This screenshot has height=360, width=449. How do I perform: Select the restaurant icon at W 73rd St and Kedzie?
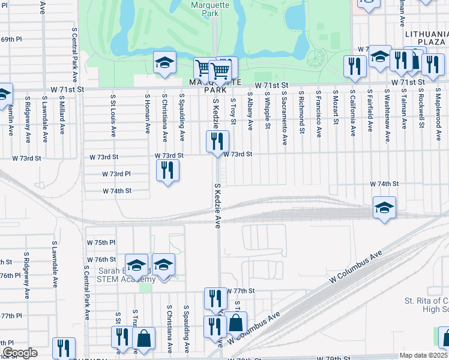[217, 142]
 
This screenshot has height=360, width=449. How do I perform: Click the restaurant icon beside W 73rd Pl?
[167, 170]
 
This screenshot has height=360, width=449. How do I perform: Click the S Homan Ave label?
[146, 112]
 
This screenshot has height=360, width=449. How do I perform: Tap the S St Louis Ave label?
[112, 113]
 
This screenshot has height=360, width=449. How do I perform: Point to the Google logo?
[19, 353]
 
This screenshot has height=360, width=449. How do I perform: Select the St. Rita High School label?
[426, 305]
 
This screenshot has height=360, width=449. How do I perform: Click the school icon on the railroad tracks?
[384, 207]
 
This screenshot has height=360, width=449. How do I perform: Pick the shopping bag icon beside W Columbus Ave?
[237, 322]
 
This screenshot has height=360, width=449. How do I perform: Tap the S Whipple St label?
[266, 114]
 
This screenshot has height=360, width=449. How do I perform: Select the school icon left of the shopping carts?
[164, 63]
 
